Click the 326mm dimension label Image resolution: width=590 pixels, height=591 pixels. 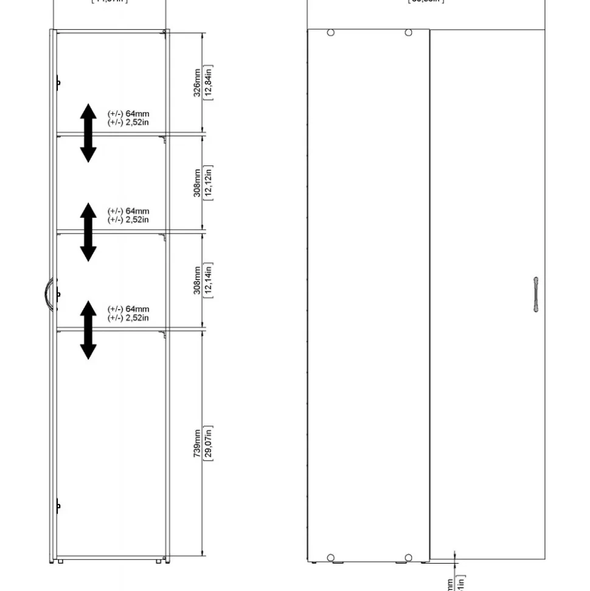coord(197,82)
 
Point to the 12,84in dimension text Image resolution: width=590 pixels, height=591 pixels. coord(208,82)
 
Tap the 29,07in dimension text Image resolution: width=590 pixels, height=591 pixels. coord(208,443)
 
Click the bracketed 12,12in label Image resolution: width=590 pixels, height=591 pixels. coord(208,183)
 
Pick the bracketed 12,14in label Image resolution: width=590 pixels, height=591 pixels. coord(208,280)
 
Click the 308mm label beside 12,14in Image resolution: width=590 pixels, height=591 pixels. coord(197,280)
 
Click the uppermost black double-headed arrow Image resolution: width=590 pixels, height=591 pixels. coord(89,133)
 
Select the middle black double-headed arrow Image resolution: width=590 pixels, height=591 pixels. coord(89,232)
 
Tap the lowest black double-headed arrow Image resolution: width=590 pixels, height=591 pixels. coord(89,329)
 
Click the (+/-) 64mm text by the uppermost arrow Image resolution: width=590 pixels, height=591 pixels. coord(128,114)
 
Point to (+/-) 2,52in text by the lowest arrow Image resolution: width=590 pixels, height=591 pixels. coord(128,318)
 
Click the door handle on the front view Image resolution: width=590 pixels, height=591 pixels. coord(535,295)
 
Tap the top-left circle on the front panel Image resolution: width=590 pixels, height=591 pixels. coord(330,32)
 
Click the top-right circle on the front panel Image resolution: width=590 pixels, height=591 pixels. coord(409,32)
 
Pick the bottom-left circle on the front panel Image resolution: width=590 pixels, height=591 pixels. coord(330,558)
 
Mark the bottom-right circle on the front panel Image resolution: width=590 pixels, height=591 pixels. coord(409,558)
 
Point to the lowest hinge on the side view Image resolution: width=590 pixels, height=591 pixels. coord(58,505)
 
